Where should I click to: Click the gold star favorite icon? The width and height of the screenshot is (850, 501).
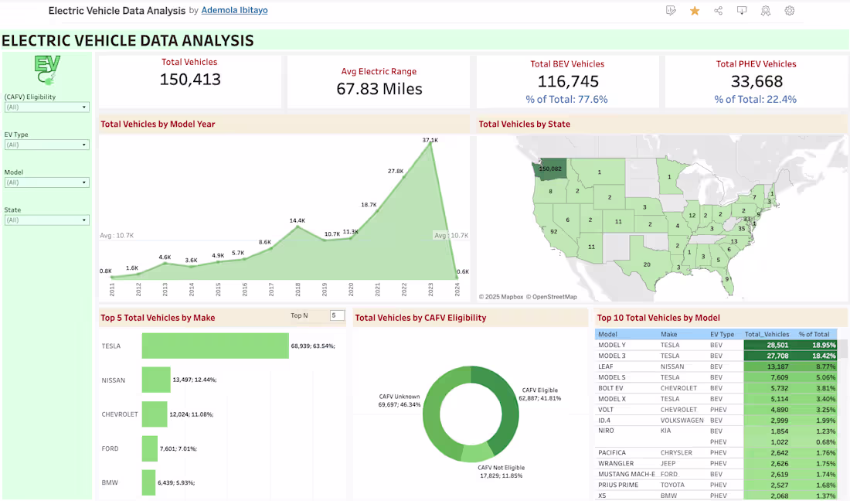pyautogui.click(x=695, y=11)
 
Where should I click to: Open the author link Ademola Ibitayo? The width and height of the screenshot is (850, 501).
pyautogui.click(x=234, y=11)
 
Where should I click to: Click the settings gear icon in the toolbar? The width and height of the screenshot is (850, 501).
pyautogui.click(x=789, y=11)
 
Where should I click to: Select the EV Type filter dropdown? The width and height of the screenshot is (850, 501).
pyautogui.click(x=46, y=145)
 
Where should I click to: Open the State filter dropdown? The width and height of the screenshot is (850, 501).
pyautogui.click(x=46, y=220)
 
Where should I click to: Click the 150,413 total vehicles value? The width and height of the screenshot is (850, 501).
pyautogui.click(x=190, y=80)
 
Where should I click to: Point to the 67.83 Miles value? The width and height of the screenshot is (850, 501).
pyautogui.click(x=379, y=89)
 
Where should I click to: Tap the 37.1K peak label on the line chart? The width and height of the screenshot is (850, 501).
pyautogui.click(x=430, y=140)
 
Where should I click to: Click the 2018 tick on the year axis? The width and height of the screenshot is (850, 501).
pyautogui.click(x=297, y=290)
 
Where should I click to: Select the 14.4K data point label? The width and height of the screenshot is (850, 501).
pyautogui.click(x=297, y=221)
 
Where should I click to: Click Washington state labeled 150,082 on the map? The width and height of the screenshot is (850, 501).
pyautogui.click(x=550, y=169)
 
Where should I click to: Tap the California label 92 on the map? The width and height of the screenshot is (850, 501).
pyautogui.click(x=553, y=231)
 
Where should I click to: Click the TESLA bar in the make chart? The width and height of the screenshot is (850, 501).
pyautogui.click(x=215, y=346)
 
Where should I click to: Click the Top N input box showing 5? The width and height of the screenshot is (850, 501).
pyautogui.click(x=336, y=315)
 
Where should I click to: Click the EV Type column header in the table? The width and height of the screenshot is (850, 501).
pyautogui.click(x=722, y=334)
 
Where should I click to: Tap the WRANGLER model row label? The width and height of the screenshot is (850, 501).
pyautogui.click(x=616, y=463)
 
